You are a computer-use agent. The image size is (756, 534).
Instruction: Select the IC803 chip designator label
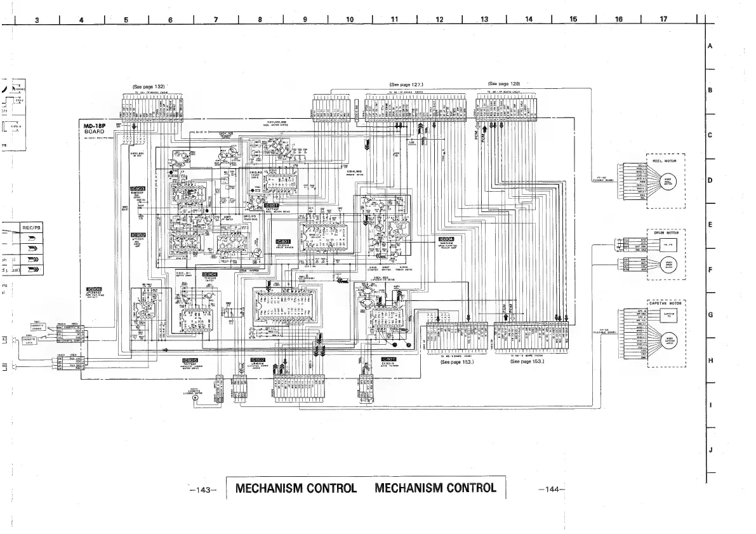(137, 189)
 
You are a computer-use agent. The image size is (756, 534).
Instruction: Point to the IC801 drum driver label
(282, 241)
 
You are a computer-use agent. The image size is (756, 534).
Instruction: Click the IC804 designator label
(446, 239)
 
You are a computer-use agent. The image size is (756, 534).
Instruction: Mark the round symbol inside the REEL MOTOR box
(670, 182)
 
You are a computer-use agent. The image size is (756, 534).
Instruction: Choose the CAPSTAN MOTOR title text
(665, 303)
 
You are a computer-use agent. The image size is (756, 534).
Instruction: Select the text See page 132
(149, 87)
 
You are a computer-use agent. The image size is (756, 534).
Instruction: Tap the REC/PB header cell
(31, 227)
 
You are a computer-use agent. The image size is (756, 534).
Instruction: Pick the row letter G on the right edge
(710, 314)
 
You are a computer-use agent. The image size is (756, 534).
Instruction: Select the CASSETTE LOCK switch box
(37, 340)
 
